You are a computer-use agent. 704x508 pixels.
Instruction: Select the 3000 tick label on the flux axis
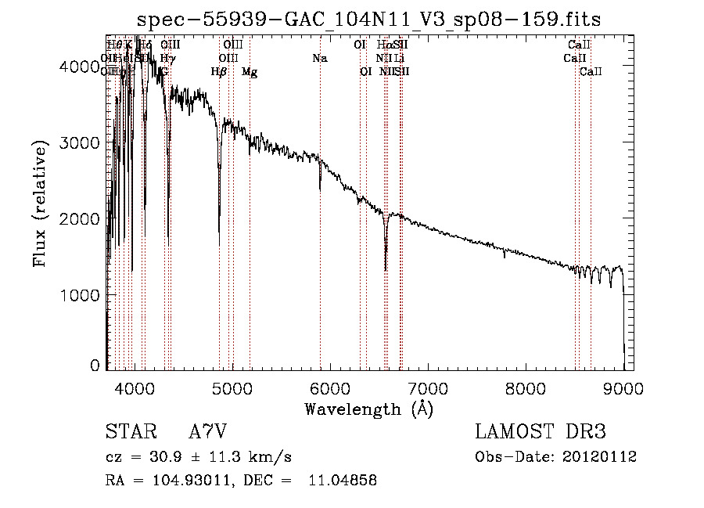coord(80,142)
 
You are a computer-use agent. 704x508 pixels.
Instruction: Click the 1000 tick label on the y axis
coord(80,295)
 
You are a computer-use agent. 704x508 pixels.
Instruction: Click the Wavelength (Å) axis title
coord(368,409)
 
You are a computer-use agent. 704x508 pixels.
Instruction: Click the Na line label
coord(319,58)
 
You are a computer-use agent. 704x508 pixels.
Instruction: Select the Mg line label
coord(250,72)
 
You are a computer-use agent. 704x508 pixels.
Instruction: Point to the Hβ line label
coord(219,72)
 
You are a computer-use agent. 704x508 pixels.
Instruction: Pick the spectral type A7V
coord(207,432)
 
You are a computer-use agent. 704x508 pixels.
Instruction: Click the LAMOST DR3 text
coord(541,432)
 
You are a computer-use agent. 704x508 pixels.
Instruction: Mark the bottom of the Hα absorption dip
coord(386,270)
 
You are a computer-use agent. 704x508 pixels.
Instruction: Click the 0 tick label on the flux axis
coord(95,366)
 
